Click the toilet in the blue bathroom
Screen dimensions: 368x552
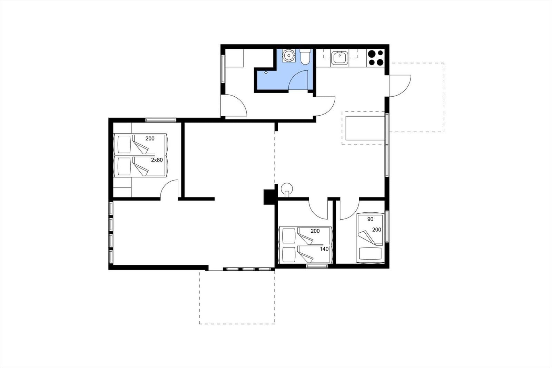click(305, 57)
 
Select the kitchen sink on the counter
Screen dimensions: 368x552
click(340, 58)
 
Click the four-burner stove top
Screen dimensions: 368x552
click(375, 58)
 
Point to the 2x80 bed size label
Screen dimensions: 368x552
click(157, 160)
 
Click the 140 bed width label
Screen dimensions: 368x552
click(324, 249)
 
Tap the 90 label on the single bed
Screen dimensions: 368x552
click(370, 219)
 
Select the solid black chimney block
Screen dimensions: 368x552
click(268, 197)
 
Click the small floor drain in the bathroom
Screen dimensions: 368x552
click(266, 72)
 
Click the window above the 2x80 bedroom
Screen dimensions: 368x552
click(161, 120)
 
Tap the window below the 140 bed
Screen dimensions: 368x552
click(317, 266)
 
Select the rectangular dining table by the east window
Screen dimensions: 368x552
click(365, 128)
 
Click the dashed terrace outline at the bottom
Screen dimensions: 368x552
click(237, 323)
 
